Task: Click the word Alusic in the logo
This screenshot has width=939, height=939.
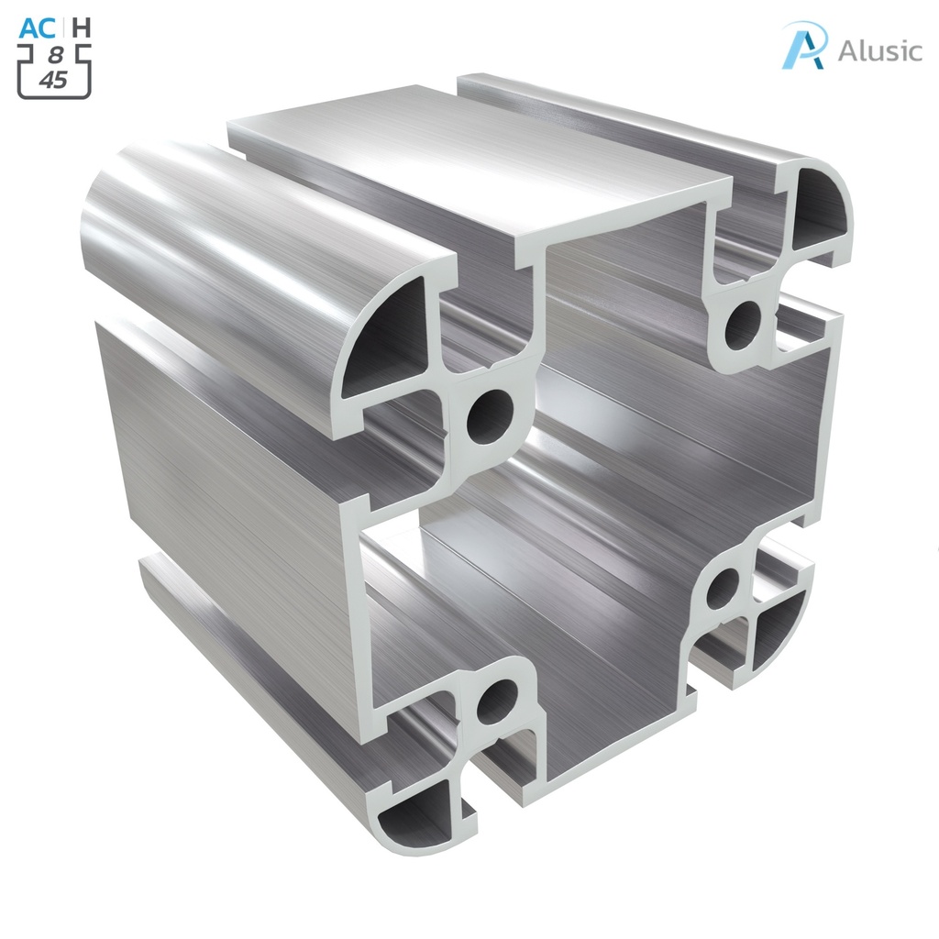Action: coord(878,50)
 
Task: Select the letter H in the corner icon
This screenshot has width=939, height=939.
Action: coord(82,28)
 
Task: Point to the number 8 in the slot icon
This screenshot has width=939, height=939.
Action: coord(54,58)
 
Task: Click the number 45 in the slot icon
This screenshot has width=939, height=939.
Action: coord(54,81)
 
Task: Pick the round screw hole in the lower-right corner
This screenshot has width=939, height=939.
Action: coord(724,588)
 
